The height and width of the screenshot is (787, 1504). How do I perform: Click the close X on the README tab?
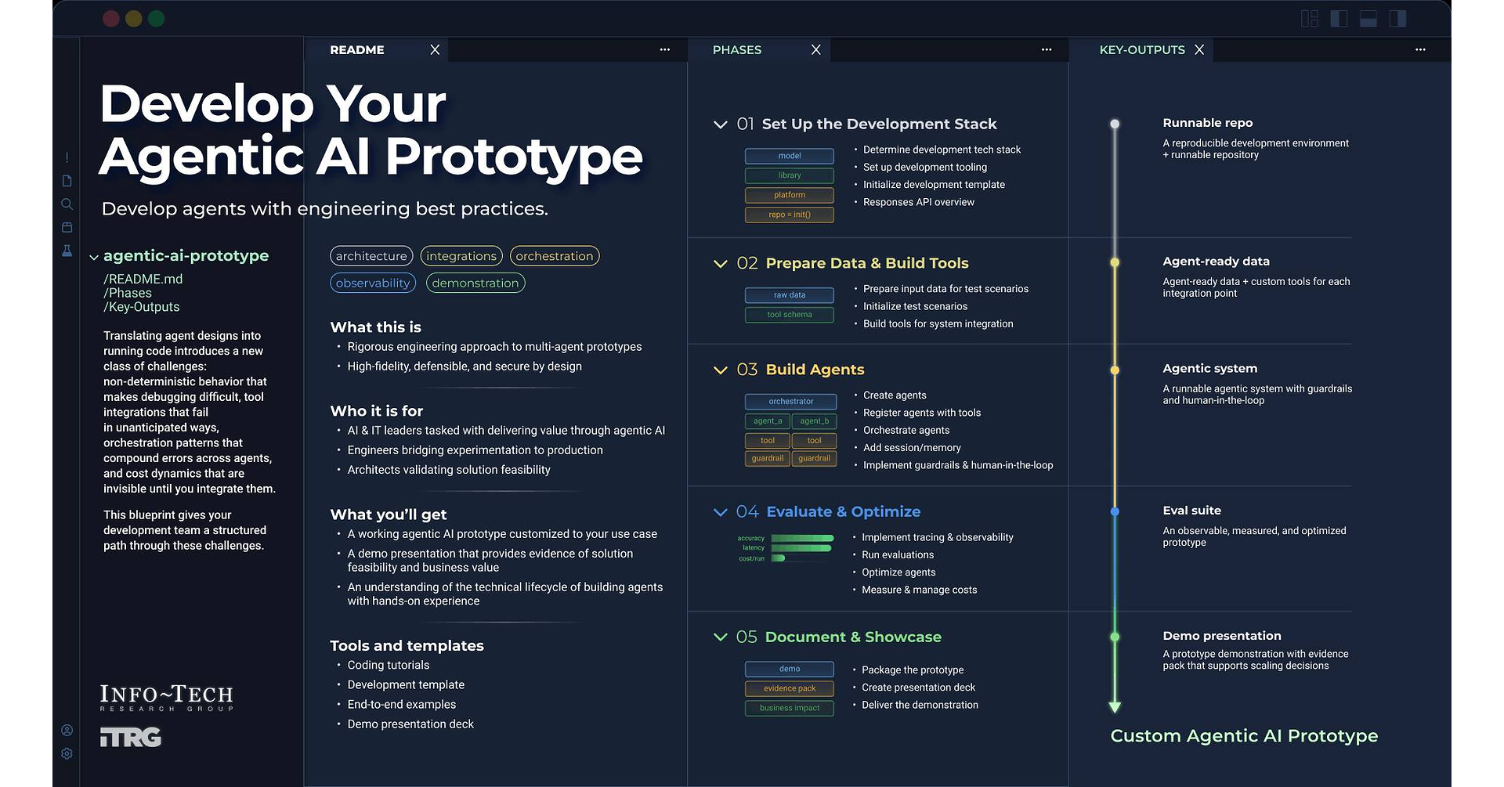(x=435, y=49)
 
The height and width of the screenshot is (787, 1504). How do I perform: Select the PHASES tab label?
(x=736, y=49)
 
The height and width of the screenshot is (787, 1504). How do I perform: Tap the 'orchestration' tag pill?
(x=554, y=256)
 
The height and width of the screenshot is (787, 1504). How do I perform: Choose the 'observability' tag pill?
(x=373, y=283)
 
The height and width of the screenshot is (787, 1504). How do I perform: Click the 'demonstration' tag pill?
(x=475, y=283)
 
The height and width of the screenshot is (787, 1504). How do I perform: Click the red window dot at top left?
(x=111, y=19)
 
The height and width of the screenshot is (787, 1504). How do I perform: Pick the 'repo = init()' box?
(x=790, y=215)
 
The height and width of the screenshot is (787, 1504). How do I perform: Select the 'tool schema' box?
(x=790, y=315)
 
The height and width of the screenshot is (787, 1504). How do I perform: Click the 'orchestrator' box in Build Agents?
(x=790, y=402)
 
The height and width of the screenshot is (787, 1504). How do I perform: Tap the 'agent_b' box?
(x=814, y=421)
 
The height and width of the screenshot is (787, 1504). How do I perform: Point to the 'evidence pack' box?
(x=790, y=688)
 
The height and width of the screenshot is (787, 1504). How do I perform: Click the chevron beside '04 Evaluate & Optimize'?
(x=721, y=512)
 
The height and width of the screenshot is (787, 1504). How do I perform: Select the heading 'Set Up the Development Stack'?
(x=879, y=124)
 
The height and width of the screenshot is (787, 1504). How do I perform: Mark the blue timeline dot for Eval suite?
(x=1115, y=511)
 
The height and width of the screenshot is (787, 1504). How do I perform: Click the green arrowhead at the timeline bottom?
(x=1115, y=707)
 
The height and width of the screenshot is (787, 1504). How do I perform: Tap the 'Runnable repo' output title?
(x=1207, y=123)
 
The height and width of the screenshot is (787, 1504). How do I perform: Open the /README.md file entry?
(x=143, y=279)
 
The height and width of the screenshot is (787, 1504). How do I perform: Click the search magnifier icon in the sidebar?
(x=67, y=204)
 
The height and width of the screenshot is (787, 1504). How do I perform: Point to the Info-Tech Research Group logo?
(x=166, y=698)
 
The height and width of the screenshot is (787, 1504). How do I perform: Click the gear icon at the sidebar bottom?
(x=67, y=753)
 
